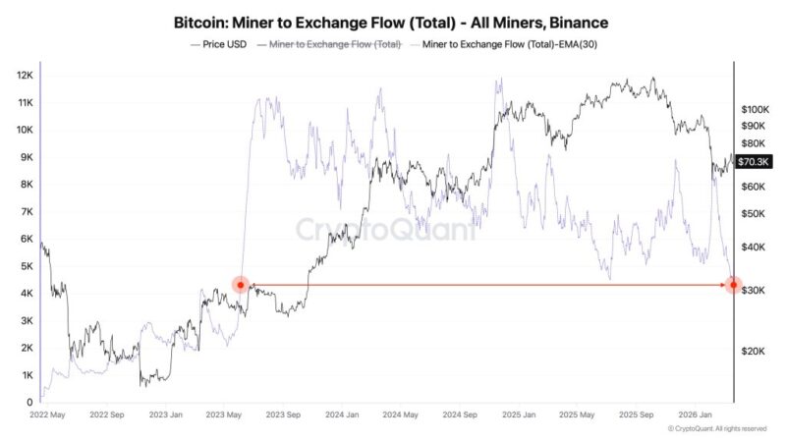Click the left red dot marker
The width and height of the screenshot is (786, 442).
[x=241, y=285]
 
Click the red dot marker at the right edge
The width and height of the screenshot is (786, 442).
[x=733, y=285]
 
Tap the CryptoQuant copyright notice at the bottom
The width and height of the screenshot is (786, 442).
[x=717, y=429]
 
